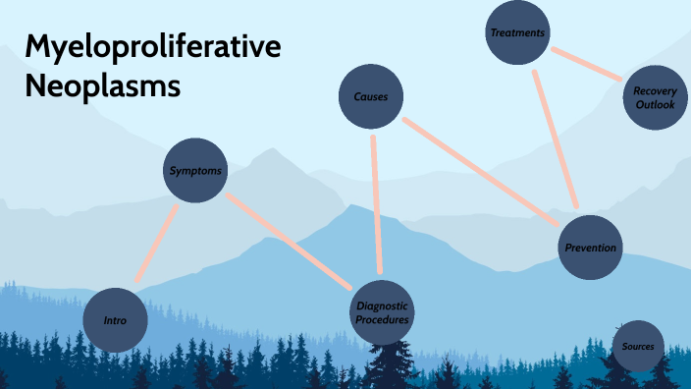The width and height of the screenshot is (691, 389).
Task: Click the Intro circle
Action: (116, 320)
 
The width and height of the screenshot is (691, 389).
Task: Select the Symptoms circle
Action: (195, 170)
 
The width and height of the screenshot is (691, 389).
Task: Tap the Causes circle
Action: (370, 96)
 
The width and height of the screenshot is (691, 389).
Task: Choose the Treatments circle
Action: (517, 33)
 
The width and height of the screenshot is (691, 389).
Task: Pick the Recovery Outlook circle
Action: (655, 97)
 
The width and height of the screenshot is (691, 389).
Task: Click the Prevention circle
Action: (590, 247)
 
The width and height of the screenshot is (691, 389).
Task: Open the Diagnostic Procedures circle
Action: (382, 312)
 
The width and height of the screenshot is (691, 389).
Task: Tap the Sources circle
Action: (637, 346)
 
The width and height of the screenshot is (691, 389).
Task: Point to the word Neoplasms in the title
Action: (102, 85)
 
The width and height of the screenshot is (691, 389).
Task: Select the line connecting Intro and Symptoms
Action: (157, 242)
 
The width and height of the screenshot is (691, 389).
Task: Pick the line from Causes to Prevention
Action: (481, 168)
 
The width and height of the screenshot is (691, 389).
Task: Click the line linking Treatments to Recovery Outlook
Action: (586, 64)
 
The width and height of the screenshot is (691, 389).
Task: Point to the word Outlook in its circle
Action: (655, 104)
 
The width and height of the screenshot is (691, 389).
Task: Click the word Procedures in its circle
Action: (382, 319)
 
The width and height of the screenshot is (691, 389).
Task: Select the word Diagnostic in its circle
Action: (382, 306)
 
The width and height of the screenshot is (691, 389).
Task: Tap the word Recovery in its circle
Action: (655, 91)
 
